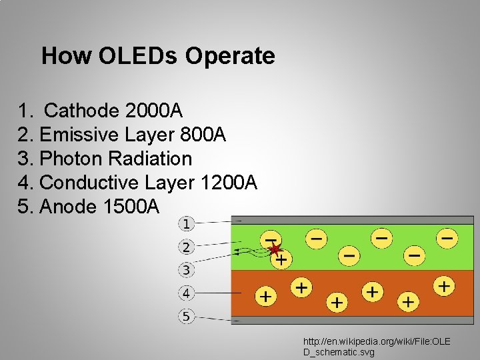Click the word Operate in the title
point(230,56)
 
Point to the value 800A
point(203,135)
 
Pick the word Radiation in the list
point(150,159)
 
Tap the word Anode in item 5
point(69,207)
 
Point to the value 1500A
point(132,207)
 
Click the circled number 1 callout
point(187,223)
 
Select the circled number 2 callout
point(187,247)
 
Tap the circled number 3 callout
point(187,270)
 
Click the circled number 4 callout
point(187,293)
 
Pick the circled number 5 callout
point(187,316)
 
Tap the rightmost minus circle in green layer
point(447,237)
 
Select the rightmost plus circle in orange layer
point(444,287)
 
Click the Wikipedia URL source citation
point(377,346)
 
